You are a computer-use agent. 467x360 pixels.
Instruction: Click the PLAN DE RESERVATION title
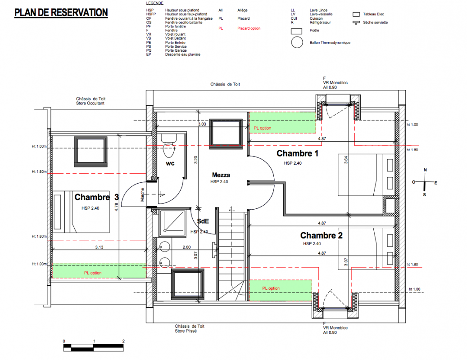tap(61, 13)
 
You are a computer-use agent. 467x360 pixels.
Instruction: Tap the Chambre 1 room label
tap(297, 153)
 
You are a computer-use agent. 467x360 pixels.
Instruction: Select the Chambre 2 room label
tap(322, 236)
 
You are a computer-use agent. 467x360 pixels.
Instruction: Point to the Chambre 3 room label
tap(96, 197)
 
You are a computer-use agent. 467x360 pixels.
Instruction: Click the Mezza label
tap(221, 175)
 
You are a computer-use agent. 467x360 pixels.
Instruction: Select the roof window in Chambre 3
tap(91, 152)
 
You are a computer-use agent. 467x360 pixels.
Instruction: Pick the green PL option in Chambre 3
tap(99, 271)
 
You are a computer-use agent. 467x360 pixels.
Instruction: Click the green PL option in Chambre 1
tap(282, 122)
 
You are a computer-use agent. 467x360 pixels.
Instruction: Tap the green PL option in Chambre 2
tap(281, 290)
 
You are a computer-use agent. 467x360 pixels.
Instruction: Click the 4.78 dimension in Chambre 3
tap(116, 207)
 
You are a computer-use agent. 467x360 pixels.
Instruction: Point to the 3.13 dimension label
tap(99, 247)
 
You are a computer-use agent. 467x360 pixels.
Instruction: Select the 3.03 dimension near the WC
tap(202, 124)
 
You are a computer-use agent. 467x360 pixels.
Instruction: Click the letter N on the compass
tap(425, 170)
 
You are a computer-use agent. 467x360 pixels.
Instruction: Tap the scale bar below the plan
tap(94, 347)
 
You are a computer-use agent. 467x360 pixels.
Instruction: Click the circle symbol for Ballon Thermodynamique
tap(297, 43)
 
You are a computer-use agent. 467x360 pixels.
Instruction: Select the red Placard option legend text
tap(249, 28)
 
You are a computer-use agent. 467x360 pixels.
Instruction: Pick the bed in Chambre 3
tap(81, 212)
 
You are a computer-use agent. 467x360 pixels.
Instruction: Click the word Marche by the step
tap(142, 194)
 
